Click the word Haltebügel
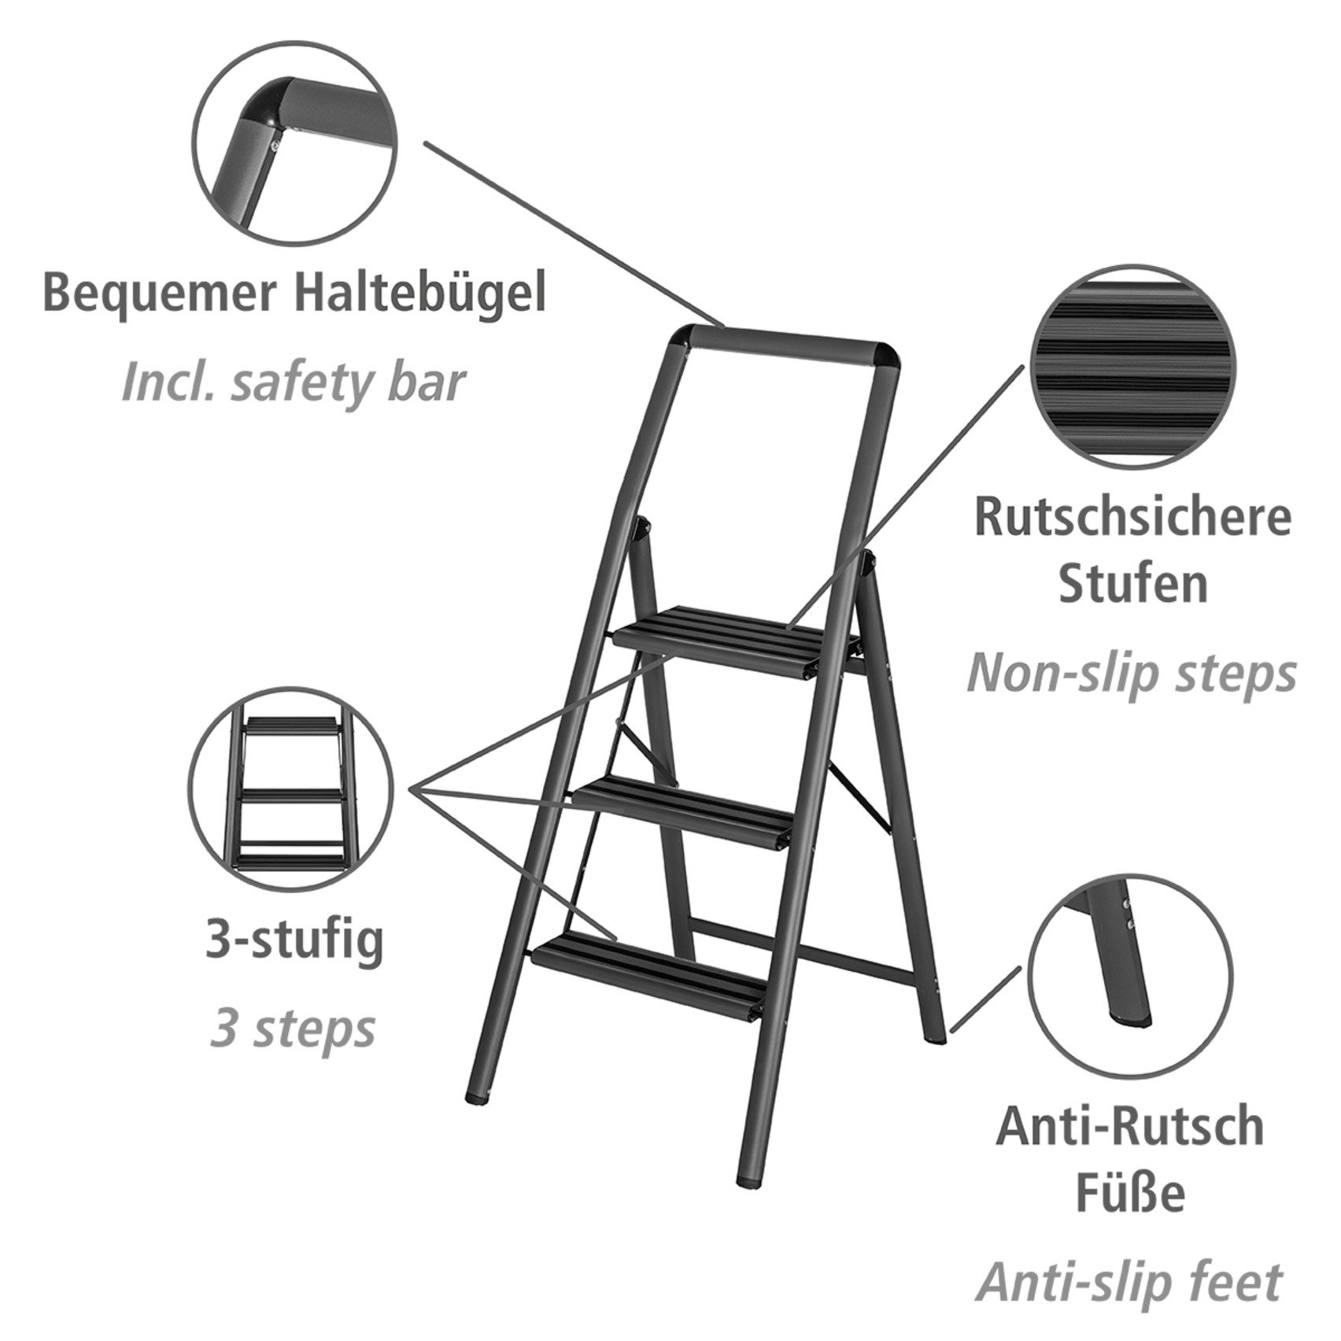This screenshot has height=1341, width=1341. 419,294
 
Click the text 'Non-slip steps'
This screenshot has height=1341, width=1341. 1131,674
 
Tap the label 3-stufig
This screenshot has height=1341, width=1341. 294,940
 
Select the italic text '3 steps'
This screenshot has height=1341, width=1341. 292,1028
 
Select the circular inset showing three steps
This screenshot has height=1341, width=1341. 291,788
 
